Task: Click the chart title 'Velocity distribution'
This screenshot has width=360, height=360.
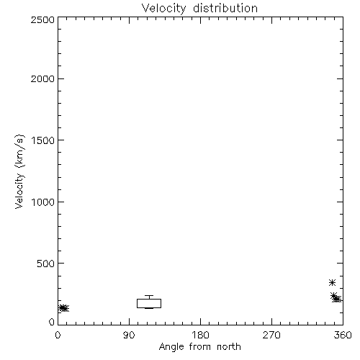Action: point(199,8)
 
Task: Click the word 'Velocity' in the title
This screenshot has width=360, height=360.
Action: point(163,9)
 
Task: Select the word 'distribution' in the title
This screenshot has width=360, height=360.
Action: point(225,8)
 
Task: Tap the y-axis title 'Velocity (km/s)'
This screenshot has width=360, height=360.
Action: point(19,171)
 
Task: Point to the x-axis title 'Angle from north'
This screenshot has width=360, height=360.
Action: point(199,347)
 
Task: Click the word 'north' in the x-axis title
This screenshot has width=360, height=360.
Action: point(229,346)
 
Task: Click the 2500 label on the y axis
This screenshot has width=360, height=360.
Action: point(42,19)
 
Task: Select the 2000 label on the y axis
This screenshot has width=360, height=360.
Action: point(42,78)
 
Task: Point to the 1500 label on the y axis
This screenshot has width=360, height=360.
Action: point(43,140)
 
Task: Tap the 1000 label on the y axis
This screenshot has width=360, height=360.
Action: point(43,202)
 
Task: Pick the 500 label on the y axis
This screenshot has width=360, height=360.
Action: point(46,264)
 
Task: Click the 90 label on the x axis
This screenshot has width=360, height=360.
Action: point(129,335)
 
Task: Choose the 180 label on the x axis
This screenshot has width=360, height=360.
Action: point(200,335)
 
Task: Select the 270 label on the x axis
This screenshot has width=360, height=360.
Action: point(271,335)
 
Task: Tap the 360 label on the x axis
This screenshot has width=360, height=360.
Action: point(343,335)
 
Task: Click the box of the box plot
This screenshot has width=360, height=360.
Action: point(149,299)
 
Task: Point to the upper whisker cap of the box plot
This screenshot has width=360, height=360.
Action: point(149,295)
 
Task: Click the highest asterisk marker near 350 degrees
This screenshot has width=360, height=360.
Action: point(332,282)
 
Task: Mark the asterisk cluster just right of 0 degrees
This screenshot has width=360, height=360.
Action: point(64,308)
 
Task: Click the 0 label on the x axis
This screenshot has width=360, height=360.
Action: point(58,335)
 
